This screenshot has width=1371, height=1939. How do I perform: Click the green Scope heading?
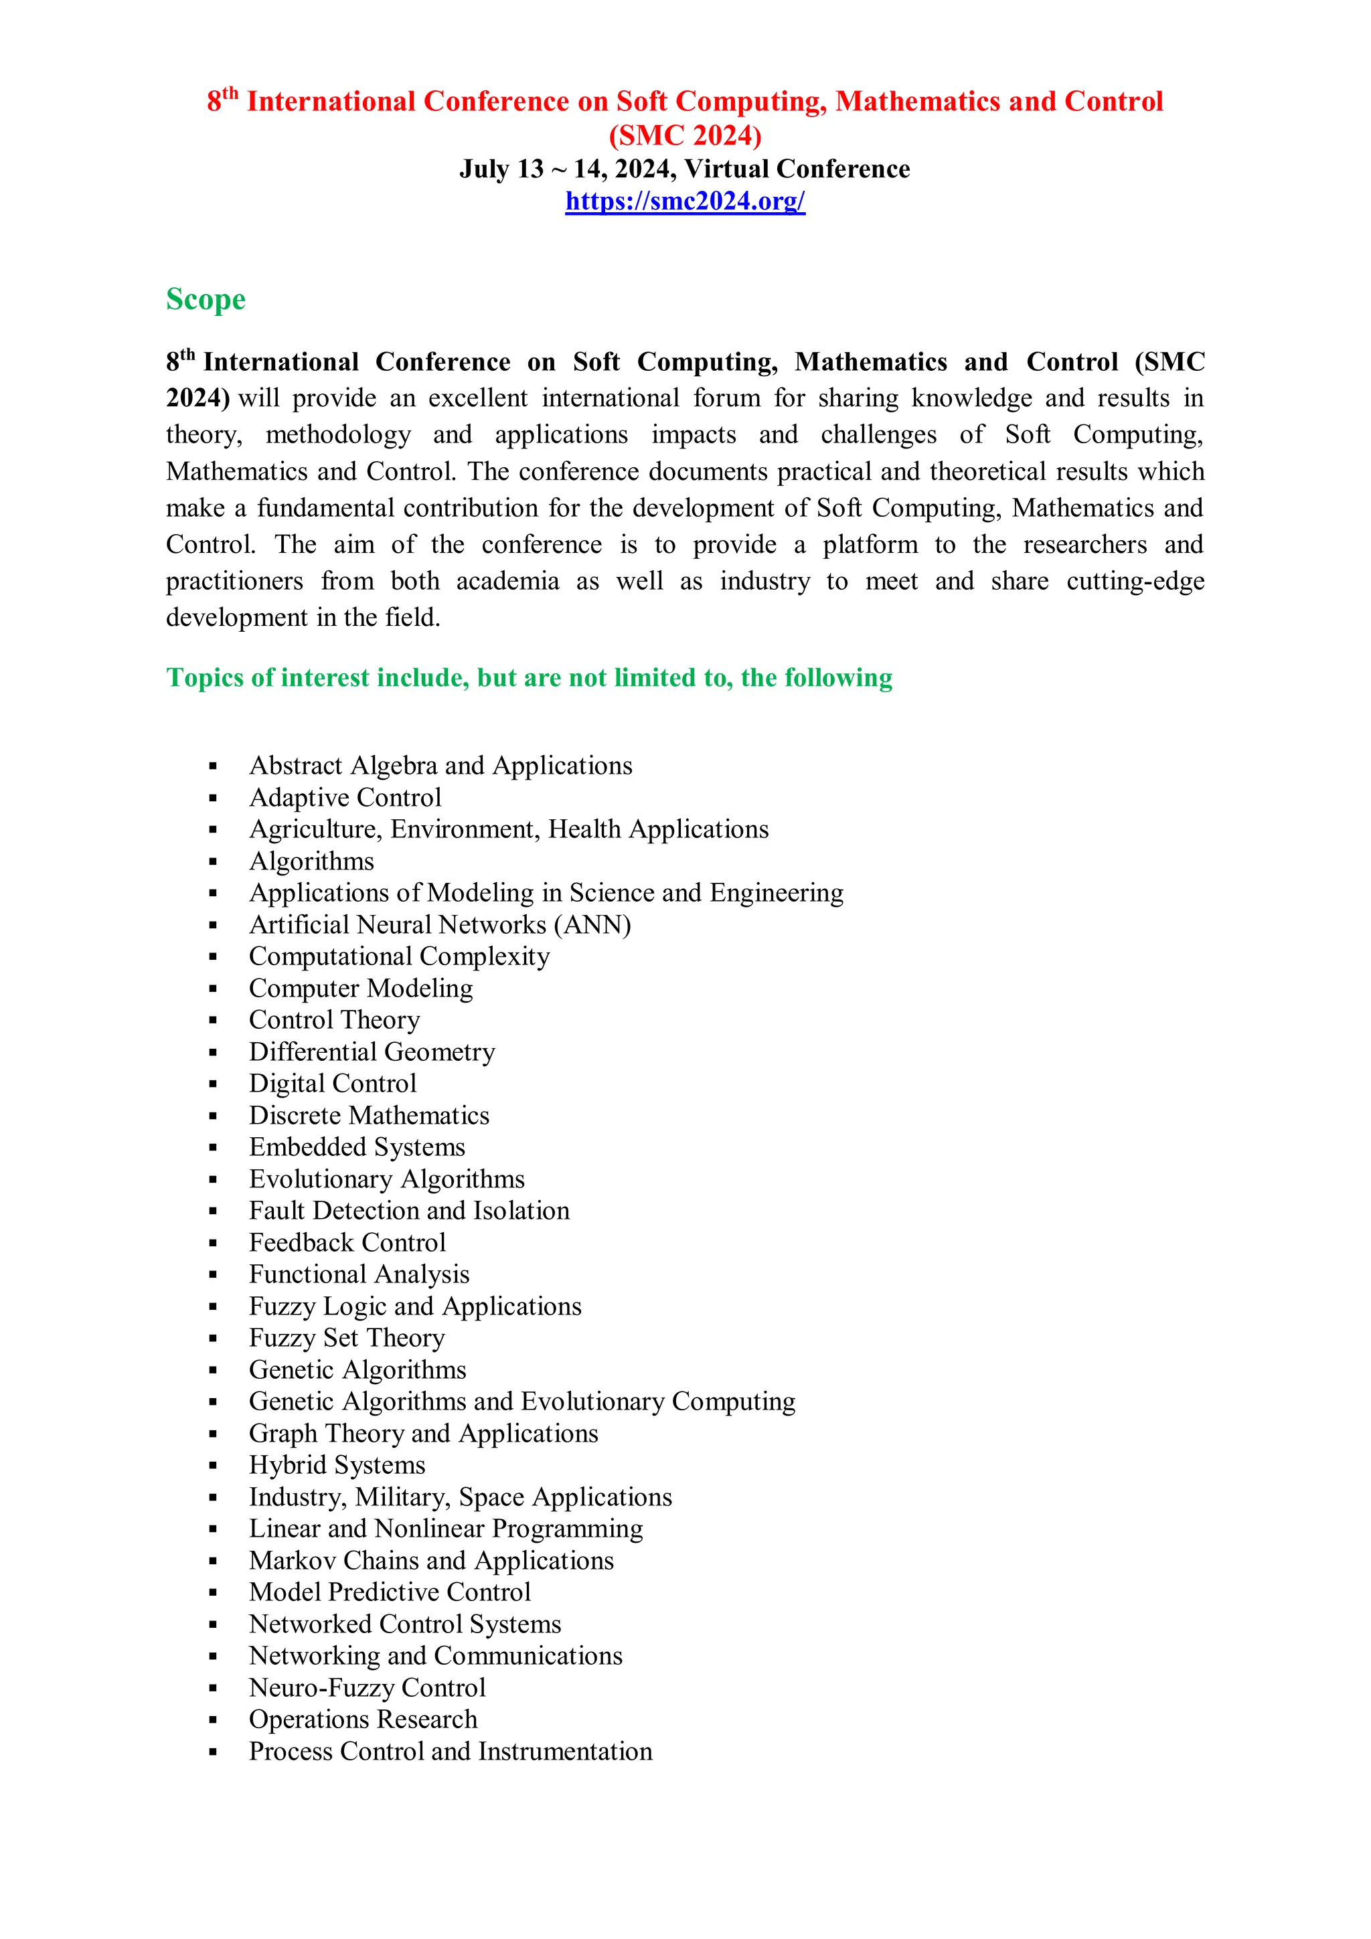[x=206, y=300]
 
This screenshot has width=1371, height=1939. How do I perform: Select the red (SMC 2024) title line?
[x=685, y=135]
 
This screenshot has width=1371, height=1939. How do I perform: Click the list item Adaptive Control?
[x=345, y=797]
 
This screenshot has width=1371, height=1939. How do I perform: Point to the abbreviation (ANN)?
[x=592, y=925]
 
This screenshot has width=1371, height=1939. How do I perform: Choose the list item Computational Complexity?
[x=399, y=957]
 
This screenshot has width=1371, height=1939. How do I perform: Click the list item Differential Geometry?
[x=372, y=1052]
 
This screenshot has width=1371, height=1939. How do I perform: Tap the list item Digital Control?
[x=333, y=1084]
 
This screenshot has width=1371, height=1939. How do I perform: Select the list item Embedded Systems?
[x=357, y=1148]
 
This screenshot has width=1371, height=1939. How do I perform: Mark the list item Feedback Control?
[x=347, y=1243]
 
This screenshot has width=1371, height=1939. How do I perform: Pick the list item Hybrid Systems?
[x=336, y=1465]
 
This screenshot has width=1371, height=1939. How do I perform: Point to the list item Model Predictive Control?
[x=390, y=1593]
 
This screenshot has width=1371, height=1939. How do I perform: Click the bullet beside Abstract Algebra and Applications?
[x=213, y=767]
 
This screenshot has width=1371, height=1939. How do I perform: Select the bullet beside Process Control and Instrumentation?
[x=213, y=1752]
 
